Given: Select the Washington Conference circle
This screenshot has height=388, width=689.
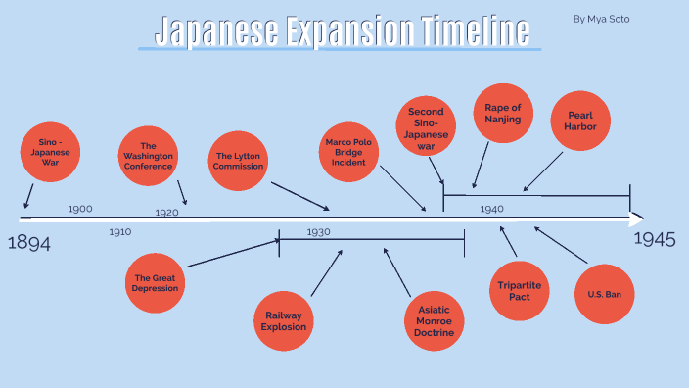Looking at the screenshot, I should click(x=148, y=156).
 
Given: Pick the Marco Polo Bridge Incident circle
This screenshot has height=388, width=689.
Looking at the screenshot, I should click(x=348, y=152).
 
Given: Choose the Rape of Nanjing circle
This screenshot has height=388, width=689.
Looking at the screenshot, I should click(x=503, y=114).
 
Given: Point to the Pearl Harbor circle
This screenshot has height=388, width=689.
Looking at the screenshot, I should click(x=580, y=121).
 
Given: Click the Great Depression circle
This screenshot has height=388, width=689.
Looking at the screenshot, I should click(x=156, y=283).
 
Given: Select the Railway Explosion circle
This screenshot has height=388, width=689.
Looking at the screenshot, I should click(x=283, y=320).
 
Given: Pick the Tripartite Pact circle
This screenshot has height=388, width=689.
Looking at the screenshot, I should click(x=518, y=291).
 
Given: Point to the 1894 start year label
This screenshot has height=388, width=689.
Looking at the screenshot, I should click(x=29, y=243).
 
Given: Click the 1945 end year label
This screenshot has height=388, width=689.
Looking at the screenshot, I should click(x=654, y=239).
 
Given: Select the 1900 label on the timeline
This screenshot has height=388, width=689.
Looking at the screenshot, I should click(x=80, y=209).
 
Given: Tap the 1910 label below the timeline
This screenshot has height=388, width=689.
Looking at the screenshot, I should click(x=119, y=232).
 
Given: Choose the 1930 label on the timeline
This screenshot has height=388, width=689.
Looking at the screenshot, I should click(x=318, y=232).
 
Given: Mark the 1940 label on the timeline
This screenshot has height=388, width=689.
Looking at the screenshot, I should click(x=491, y=209).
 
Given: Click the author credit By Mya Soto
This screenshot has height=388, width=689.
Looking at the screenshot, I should click(x=602, y=18).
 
